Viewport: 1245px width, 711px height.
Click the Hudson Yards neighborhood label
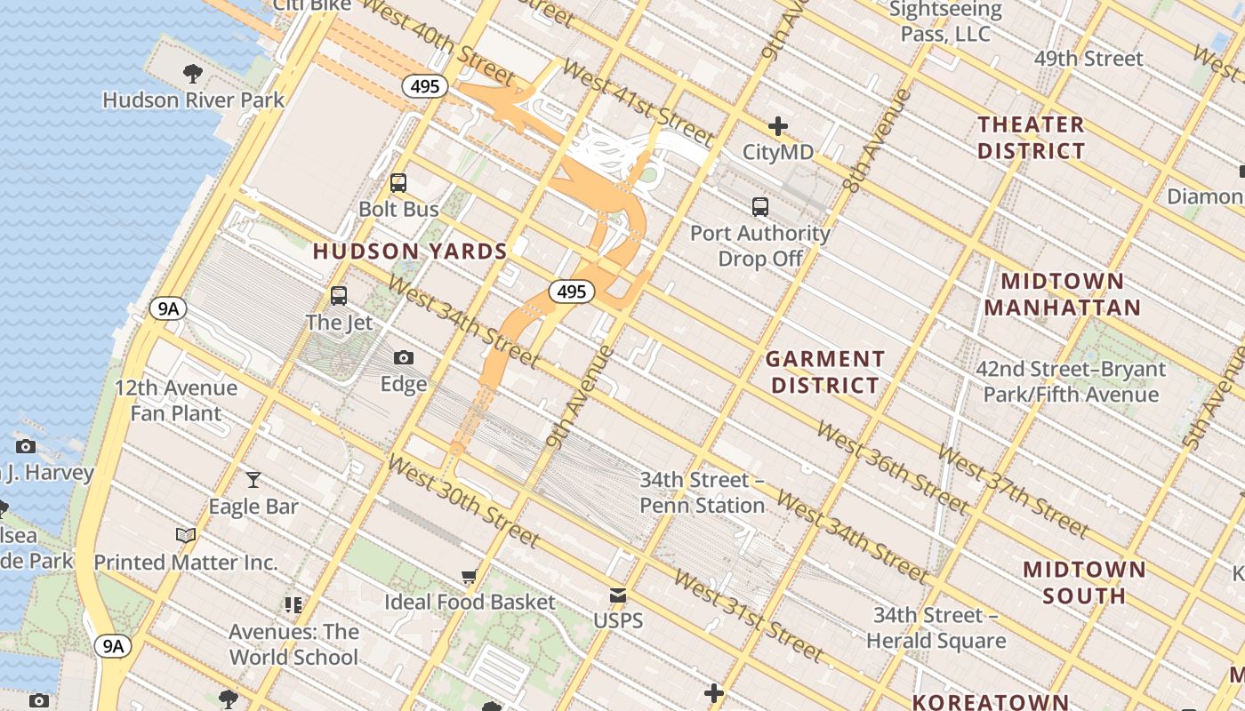pos(410,252)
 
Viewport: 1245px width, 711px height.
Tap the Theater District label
pos(1031,138)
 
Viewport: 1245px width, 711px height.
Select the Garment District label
pos(825,372)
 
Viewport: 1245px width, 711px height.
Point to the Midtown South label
pos(1084,582)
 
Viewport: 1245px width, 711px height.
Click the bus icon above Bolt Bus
pos(398,183)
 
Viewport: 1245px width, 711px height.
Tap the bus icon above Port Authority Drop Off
pos(759,207)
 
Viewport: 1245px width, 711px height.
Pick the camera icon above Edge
pos(404,358)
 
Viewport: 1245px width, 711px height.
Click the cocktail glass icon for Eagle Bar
pos(253,480)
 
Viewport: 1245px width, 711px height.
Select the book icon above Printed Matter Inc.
pos(186,535)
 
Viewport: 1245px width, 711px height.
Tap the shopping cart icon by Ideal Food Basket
pos(469,576)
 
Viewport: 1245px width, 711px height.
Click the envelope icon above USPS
pos(618,595)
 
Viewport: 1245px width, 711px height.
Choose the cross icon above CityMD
pos(778,126)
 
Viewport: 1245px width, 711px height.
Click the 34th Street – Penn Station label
pos(702,492)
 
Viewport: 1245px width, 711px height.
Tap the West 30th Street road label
pos(463,501)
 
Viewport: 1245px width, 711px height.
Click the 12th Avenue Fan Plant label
pos(176,401)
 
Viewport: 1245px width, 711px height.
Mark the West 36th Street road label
pos(892,467)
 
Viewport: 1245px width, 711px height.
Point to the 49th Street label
pos(1088,59)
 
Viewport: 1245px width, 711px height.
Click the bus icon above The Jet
pos(339,296)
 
